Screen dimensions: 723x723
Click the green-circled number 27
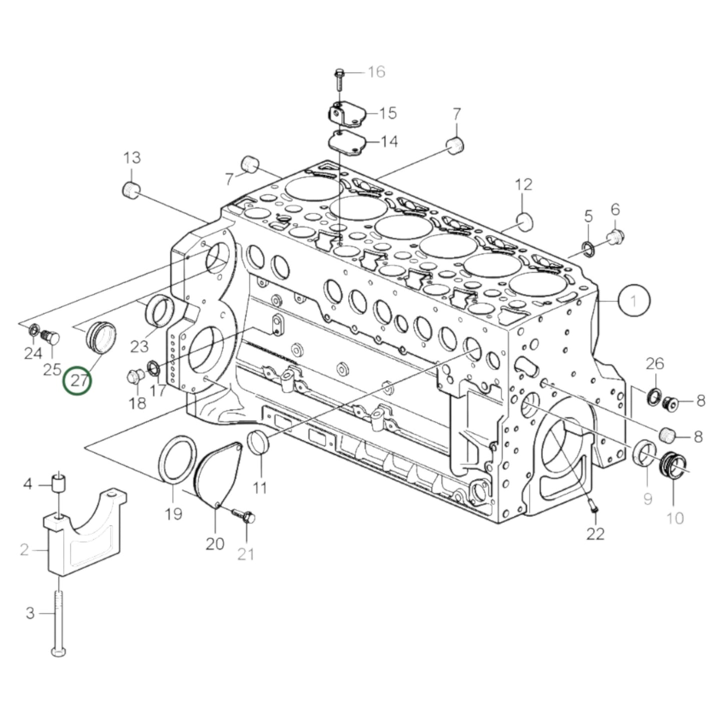coord(77,380)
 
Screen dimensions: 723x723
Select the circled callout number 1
coord(634,301)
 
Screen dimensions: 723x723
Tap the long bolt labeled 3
coord(59,620)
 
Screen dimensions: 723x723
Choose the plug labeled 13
coord(131,190)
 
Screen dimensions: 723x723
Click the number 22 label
coord(595,533)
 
